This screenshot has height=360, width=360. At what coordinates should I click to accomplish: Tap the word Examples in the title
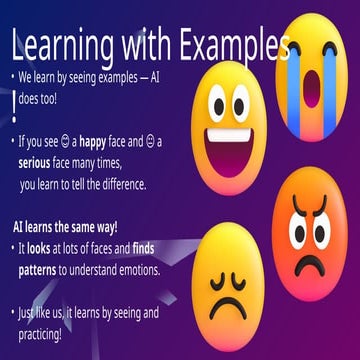(235, 45)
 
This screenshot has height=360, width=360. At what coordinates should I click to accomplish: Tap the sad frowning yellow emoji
(230, 285)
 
